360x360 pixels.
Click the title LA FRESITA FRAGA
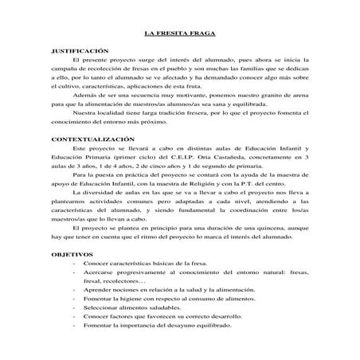(179, 34)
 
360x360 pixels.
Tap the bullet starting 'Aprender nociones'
(169, 290)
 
